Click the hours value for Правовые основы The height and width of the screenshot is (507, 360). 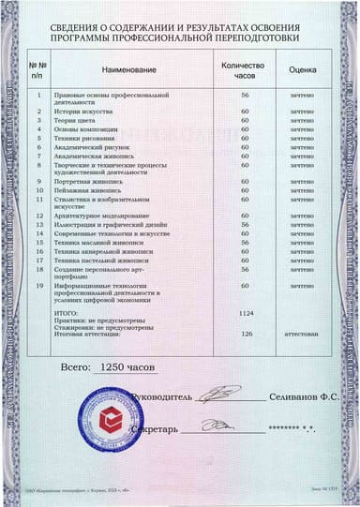click(245, 96)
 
